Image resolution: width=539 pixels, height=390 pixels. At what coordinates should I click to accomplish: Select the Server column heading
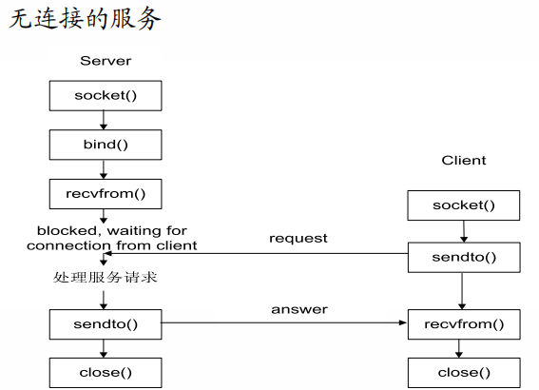coord(106,61)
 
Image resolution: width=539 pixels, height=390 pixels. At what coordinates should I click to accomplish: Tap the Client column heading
coord(464,160)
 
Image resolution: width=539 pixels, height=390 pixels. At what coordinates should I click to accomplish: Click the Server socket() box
coord(106,96)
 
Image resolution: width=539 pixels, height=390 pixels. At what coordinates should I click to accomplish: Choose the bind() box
coord(106,145)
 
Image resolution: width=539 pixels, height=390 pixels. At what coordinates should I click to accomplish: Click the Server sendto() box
coord(106,323)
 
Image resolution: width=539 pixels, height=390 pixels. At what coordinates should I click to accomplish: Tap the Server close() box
coord(106,372)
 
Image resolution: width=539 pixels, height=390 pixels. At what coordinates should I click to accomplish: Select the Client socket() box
coord(464,205)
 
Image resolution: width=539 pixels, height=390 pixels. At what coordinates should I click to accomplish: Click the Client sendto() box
coord(464,257)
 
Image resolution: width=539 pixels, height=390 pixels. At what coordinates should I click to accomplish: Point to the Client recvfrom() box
coord(464,323)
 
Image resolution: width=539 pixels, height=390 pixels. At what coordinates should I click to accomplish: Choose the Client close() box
coord(464,372)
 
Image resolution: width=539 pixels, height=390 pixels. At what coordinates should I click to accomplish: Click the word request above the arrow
coord(298,238)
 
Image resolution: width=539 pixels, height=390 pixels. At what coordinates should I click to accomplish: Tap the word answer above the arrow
coord(298,309)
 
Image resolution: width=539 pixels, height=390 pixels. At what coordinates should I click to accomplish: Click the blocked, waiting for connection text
coord(111,238)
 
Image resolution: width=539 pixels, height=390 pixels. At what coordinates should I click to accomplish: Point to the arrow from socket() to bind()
coord(105,120)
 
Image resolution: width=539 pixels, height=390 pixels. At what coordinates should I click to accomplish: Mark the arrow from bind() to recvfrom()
coord(105,168)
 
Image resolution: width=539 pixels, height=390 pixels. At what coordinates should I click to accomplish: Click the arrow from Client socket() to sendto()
coord(464,231)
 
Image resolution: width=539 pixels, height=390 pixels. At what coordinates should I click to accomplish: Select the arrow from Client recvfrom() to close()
coord(464,347)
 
